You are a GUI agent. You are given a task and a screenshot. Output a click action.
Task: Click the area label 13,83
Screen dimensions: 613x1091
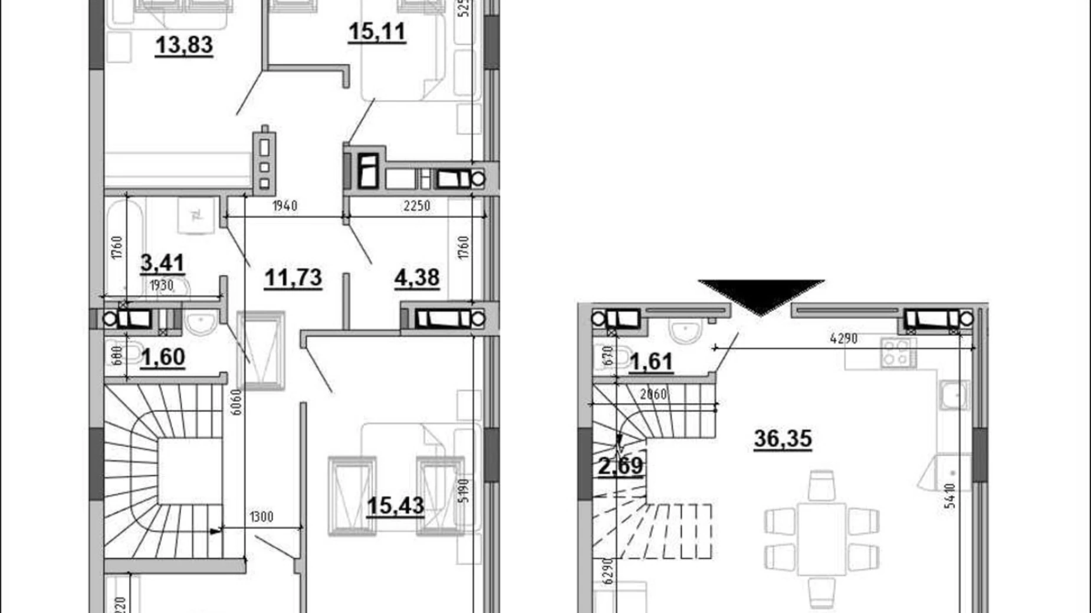point(183,45)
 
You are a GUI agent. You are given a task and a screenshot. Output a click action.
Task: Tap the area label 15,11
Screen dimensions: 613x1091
point(377,31)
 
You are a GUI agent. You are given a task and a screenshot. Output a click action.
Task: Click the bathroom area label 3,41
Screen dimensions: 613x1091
point(162,262)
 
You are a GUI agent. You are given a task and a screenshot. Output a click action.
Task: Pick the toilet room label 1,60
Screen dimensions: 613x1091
point(163,357)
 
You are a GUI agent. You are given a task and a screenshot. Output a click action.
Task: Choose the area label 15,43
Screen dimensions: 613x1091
point(395,505)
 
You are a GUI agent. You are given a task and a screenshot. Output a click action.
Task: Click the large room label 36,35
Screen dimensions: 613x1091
point(783,439)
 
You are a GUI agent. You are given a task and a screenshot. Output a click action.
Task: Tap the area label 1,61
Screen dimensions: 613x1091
point(651,361)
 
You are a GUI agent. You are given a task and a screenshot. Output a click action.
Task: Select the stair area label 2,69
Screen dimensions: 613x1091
point(621,466)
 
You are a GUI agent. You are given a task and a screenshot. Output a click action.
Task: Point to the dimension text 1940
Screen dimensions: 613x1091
point(284,206)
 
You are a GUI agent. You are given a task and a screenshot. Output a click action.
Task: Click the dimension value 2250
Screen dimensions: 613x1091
point(416,206)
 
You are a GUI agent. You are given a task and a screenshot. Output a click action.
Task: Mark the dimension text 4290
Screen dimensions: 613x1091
point(843,338)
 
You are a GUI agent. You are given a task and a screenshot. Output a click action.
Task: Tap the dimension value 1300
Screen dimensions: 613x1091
point(261,518)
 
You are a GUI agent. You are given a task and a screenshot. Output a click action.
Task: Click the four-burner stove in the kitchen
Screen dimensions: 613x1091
point(898,352)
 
